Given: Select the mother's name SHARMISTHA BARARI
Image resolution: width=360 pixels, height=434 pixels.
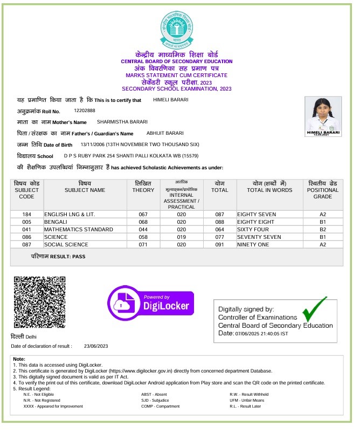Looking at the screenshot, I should tap(120, 122).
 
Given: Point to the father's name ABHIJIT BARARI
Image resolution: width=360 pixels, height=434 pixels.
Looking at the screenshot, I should tap(165, 133).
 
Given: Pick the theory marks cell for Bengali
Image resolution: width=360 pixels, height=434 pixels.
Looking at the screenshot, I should tap(143, 222).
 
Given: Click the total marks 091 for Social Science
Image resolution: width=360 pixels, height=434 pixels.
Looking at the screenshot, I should tap(219, 244).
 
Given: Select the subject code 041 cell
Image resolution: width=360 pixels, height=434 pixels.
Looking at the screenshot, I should tap(26, 229).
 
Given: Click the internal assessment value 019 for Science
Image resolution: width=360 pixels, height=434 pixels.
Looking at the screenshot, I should tap(181, 237).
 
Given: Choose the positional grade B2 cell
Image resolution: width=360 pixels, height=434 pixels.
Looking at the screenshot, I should tap(323, 229).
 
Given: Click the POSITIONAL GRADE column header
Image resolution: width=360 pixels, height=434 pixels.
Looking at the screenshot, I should tap(323, 190).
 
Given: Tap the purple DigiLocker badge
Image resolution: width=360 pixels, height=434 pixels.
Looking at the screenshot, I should tap(150, 304).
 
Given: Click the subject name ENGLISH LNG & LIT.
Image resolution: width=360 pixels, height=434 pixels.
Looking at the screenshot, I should tap(70, 214).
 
